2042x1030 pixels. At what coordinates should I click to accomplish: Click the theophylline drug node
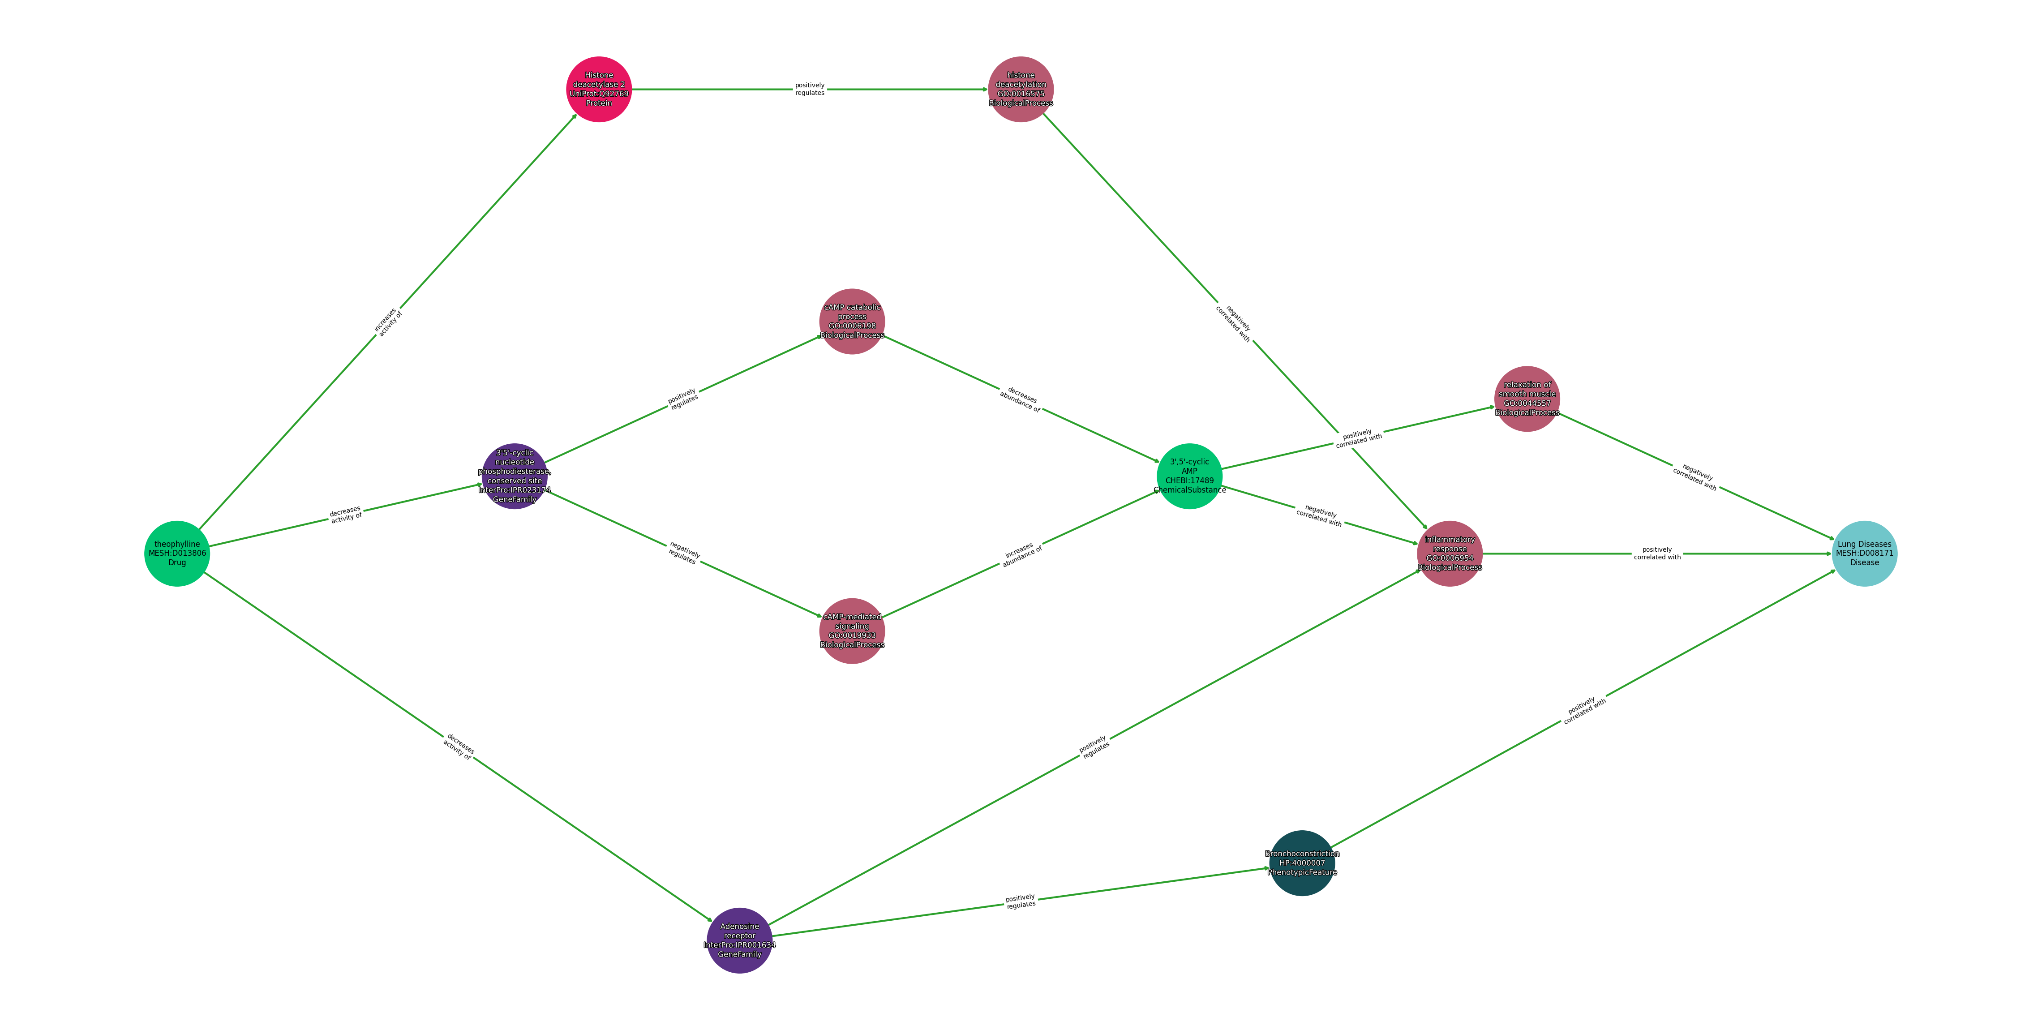[x=177, y=554]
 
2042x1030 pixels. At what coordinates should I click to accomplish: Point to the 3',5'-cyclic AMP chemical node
[x=1189, y=476]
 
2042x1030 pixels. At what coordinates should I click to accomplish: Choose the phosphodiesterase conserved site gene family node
[x=515, y=476]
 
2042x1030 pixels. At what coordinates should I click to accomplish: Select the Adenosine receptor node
[x=739, y=940]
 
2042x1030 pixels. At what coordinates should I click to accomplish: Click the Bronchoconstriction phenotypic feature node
[x=1302, y=863]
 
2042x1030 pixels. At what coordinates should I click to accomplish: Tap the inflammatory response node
[x=1449, y=554]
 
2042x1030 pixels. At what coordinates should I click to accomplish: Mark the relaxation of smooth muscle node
[x=1527, y=399]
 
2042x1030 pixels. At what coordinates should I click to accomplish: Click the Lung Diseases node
[x=1864, y=554]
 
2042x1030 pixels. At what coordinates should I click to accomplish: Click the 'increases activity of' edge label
[x=388, y=322]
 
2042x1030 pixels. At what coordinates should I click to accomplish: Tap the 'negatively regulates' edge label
[x=683, y=553]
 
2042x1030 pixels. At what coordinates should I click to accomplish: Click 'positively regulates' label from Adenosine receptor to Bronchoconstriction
[x=1020, y=901]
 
